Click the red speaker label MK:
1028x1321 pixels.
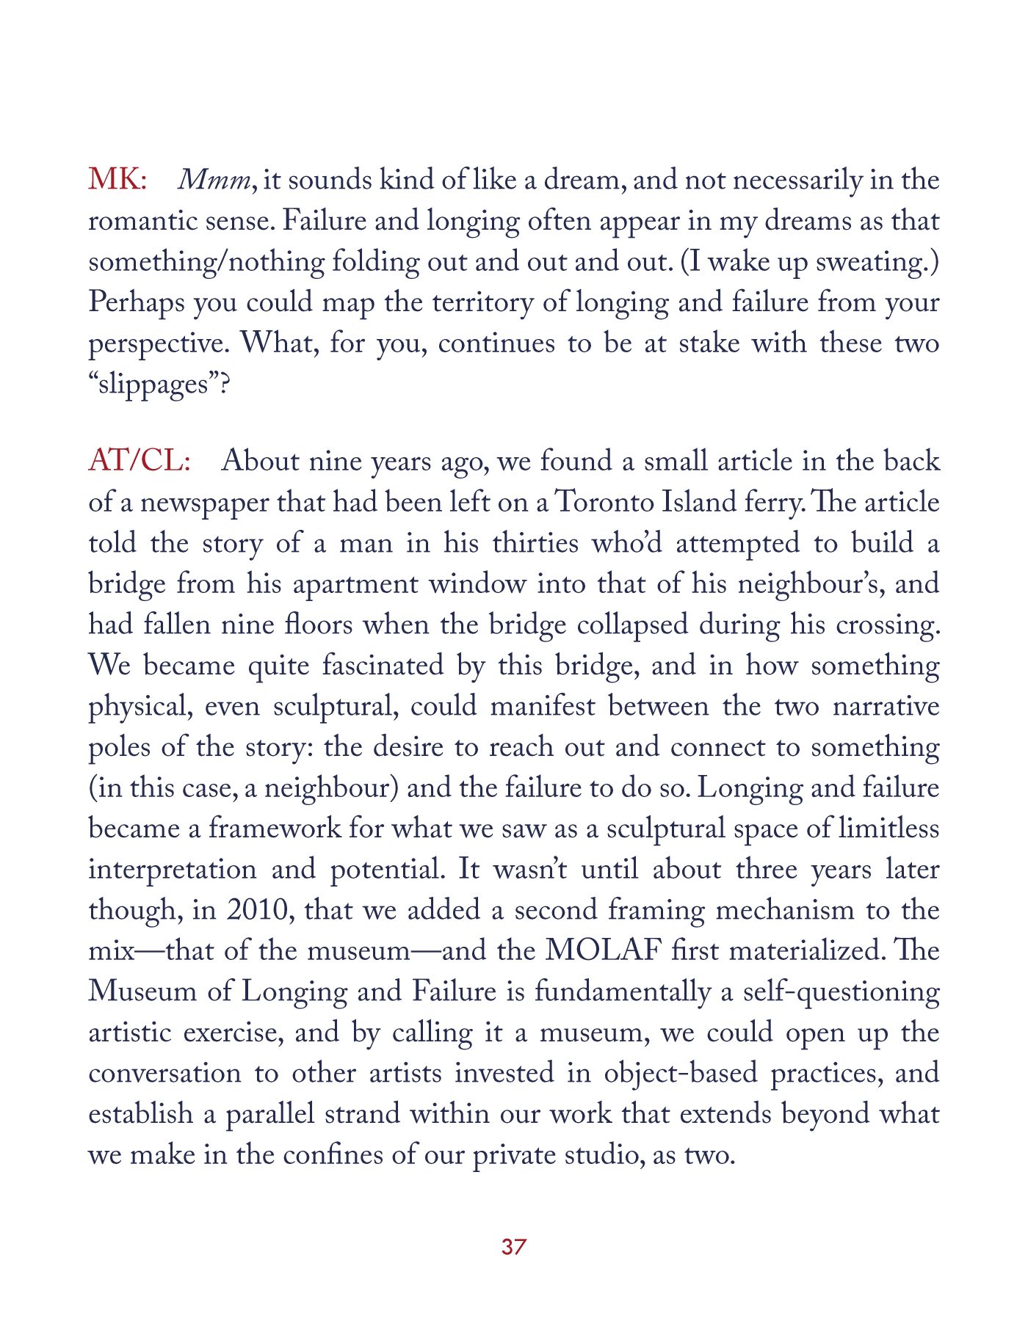click(x=117, y=180)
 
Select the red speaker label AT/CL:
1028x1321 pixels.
click(x=140, y=461)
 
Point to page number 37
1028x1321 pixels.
click(x=513, y=1246)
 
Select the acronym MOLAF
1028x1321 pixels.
click(x=601, y=950)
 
